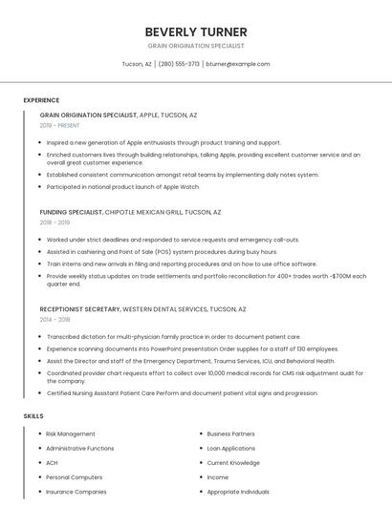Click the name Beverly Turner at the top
coord(195,32)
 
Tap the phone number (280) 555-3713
coord(179,64)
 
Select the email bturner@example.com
coord(238,64)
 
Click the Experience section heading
coord(41,100)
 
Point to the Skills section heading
coord(33,416)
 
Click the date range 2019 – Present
coord(59,125)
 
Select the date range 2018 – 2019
coord(54,222)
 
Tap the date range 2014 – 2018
coord(54,320)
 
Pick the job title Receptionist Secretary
coord(79,309)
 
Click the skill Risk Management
coord(70,433)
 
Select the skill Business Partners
coord(230,433)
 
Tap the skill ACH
coord(52,463)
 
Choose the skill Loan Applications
coord(230,448)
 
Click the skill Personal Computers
coord(74,477)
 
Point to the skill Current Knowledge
coord(232,463)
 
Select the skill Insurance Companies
coord(76,492)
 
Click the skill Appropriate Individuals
coord(238,492)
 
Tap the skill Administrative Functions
coord(79,448)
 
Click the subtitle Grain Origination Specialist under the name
coord(195,46)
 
